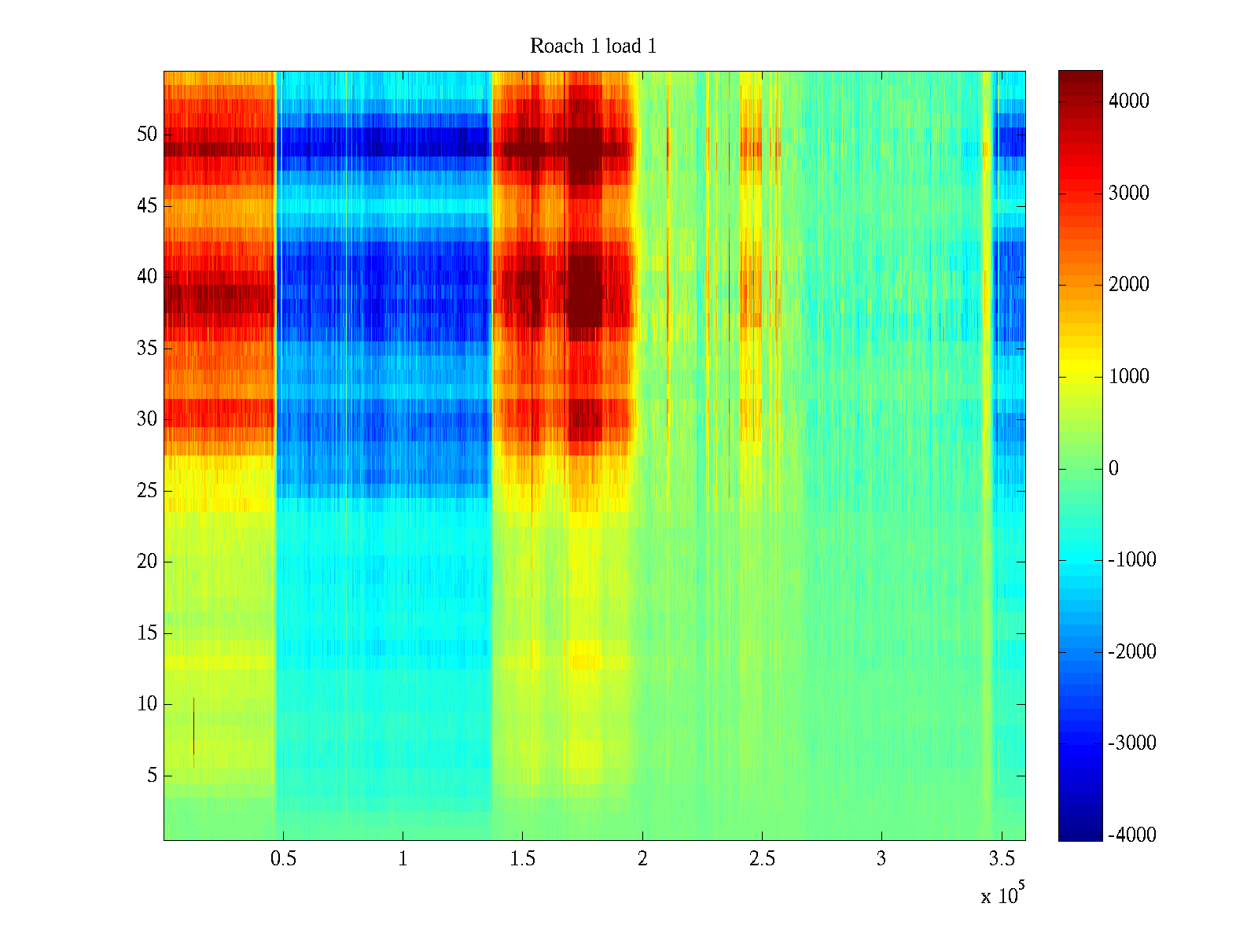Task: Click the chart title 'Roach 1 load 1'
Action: coord(593,46)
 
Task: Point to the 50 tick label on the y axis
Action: coord(147,135)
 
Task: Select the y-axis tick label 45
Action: coord(147,206)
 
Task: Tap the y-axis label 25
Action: coord(147,491)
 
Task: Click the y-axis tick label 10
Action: coord(147,704)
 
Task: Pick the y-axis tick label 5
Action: coord(152,776)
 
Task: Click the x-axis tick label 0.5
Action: coord(283,859)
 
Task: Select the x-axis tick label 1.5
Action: coord(523,859)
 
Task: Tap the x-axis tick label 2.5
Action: coord(762,859)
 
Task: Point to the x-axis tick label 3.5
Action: coord(1001,859)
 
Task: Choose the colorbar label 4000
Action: coord(1129,101)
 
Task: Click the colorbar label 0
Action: coord(1113,469)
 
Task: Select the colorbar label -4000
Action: coord(1132,835)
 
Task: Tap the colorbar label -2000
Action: coord(1132,652)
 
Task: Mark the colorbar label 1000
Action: coord(1129,377)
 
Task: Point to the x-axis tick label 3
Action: coord(881,859)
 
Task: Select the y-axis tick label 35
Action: coord(147,348)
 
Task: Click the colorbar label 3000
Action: coord(1129,194)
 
